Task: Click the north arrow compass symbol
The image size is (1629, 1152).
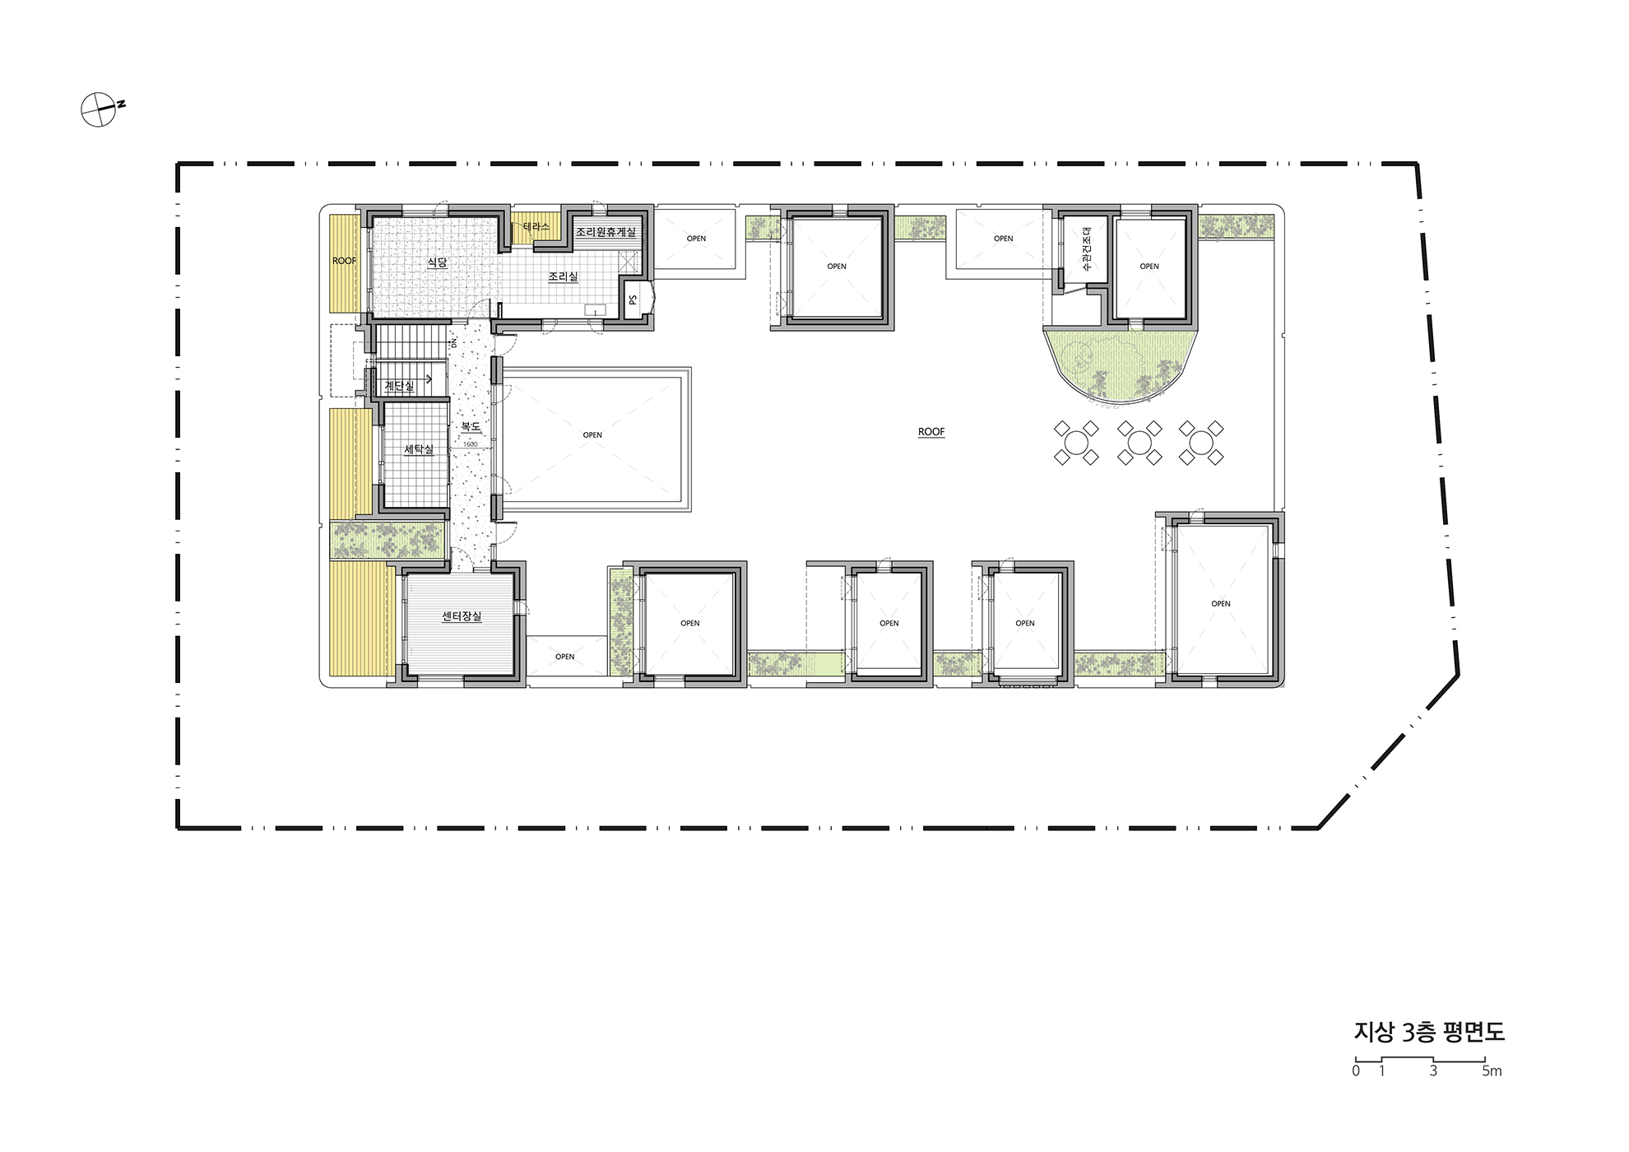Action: [99, 109]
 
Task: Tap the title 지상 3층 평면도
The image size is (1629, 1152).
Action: [1429, 1032]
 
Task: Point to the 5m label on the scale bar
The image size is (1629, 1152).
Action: [1492, 1071]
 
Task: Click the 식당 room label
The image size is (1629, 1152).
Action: [437, 262]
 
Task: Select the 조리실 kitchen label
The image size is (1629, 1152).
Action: [563, 276]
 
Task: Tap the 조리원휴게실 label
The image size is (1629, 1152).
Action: [606, 232]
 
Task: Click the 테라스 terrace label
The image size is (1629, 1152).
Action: [536, 226]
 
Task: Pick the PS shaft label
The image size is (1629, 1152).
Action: [633, 300]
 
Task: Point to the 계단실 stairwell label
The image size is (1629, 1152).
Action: [399, 386]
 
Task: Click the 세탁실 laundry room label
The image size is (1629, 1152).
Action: [419, 449]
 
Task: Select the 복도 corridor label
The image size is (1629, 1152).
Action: [471, 426]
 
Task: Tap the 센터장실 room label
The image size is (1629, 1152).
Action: [462, 616]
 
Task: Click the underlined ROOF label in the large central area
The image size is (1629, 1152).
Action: [931, 432]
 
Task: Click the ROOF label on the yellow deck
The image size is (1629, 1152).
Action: [344, 261]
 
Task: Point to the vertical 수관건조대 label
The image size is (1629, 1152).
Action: [1086, 249]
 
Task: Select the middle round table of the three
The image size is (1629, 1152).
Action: [1139, 443]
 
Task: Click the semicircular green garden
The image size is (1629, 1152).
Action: [1119, 362]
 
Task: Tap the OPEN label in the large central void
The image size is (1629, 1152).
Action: [592, 435]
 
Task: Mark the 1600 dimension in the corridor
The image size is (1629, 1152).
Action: [471, 444]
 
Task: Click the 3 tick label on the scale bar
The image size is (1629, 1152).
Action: [1433, 1071]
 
